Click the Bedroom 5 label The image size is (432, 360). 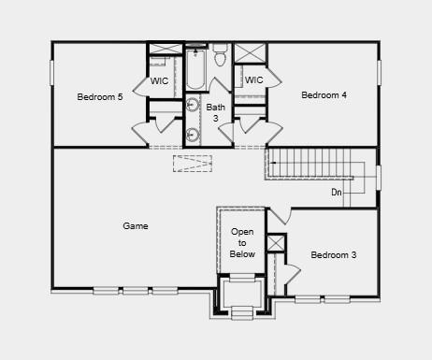click(x=100, y=96)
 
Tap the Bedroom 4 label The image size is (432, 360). click(x=324, y=94)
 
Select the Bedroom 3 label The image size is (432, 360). click(x=334, y=254)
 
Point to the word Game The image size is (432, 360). click(x=136, y=225)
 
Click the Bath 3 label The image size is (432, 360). click(x=216, y=112)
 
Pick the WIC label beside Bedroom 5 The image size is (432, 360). click(x=160, y=81)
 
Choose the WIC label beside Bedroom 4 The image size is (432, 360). click(x=253, y=80)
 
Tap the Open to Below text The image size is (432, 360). click(x=242, y=242)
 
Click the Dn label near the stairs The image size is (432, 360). click(x=336, y=193)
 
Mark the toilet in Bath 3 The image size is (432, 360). click(x=221, y=57)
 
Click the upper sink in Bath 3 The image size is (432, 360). click(x=193, y=105)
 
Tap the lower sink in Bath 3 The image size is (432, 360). click(x=193, y=133)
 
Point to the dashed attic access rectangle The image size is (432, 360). click(x=194, y=164)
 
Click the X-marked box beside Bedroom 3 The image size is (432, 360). click(x=276, y=243)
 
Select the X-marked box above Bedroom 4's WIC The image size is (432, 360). click(x=250, y=52)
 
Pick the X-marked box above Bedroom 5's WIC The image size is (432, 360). click(x=166, y=49)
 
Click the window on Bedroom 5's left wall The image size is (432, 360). click(x=52, y=73)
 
